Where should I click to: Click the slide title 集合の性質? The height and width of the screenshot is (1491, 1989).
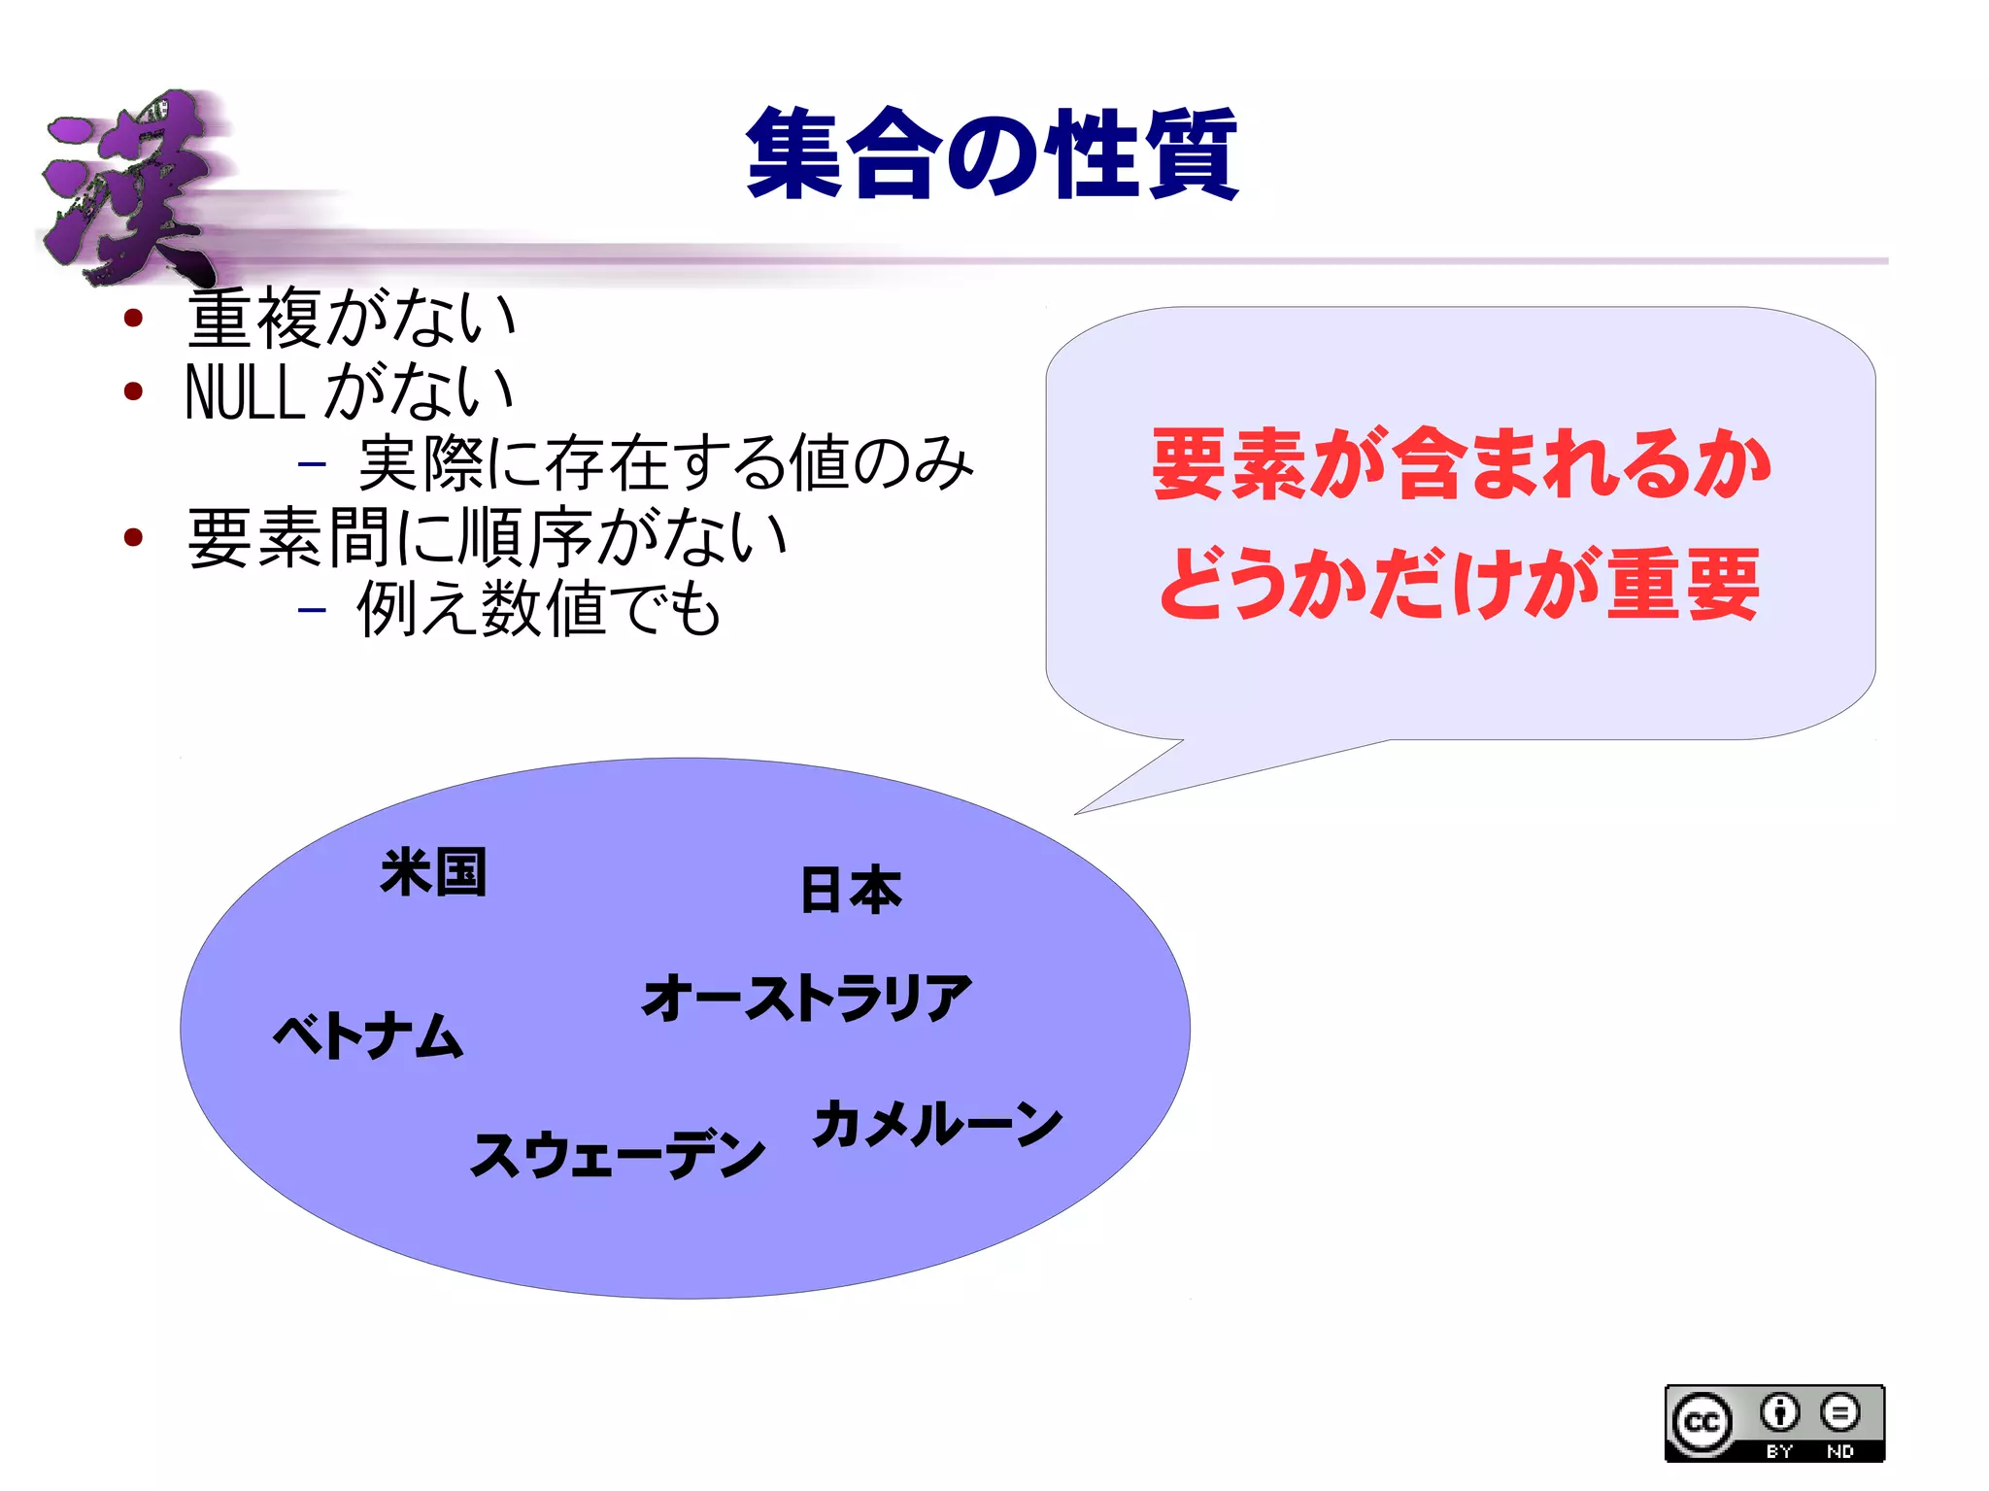(992, 153)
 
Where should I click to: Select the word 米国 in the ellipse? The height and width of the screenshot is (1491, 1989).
(433, 871)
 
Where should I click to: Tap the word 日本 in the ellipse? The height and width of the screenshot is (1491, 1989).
(851, 890)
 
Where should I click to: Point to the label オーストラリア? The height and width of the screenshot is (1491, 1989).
(807, 998)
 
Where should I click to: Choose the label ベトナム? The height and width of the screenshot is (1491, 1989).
(368, 1035)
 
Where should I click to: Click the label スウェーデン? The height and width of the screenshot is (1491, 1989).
(618, 1154)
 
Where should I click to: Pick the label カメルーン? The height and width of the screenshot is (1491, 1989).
(937, 1125)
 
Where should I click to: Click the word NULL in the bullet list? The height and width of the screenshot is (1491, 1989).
(245, 392)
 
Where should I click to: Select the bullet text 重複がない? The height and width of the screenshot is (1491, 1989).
(351, 318)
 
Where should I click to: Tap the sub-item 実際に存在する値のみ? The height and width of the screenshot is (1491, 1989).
(665, 463)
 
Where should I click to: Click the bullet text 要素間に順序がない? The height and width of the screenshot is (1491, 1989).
(487, 537)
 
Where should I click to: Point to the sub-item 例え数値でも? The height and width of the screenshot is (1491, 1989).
(539, 609)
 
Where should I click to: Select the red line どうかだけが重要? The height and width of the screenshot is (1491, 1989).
(1460, 584)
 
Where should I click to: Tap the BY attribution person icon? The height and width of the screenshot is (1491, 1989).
(1779, 1412)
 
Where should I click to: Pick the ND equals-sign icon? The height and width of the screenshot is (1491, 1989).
(1839, 1412)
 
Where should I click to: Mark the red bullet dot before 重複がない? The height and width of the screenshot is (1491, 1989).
(134, 318)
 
